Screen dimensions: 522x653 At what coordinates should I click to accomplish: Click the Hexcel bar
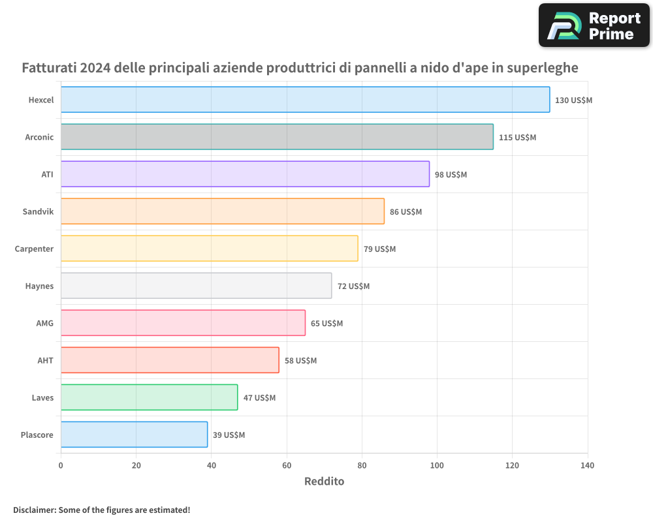coord(305,100)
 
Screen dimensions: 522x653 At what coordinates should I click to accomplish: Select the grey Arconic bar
coord(277,137)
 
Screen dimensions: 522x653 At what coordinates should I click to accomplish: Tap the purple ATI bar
coord(245,174)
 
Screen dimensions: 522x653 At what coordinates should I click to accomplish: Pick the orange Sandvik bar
coord(223,211)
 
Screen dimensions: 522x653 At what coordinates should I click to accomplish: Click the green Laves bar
coord(149,397)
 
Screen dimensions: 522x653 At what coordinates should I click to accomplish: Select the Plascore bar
coord(134,435)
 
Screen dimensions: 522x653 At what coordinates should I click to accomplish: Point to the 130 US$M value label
coord(573,100)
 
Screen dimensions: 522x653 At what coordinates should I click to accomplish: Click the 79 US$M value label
coord(379,249)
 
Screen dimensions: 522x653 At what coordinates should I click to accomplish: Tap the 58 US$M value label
coord(300,361)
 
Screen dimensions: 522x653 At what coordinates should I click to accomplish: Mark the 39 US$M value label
coord(229,435)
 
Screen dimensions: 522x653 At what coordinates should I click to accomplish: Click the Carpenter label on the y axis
coord(34,249)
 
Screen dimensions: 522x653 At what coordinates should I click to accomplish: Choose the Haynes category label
coord(39,286)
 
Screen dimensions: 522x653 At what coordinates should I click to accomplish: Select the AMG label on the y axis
coord(44,323)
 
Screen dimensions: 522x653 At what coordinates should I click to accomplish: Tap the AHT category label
coord(45,360)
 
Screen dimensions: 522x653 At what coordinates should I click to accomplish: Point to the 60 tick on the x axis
coord(287,466)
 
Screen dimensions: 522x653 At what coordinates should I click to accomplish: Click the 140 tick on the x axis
coord(587,466)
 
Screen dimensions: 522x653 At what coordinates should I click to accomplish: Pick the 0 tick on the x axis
coord(61,466)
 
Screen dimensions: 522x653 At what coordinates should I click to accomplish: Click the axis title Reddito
coord(324,482)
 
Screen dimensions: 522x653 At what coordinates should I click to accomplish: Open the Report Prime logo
coord(594,25)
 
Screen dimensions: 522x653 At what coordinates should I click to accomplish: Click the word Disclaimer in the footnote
coord(34,510)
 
